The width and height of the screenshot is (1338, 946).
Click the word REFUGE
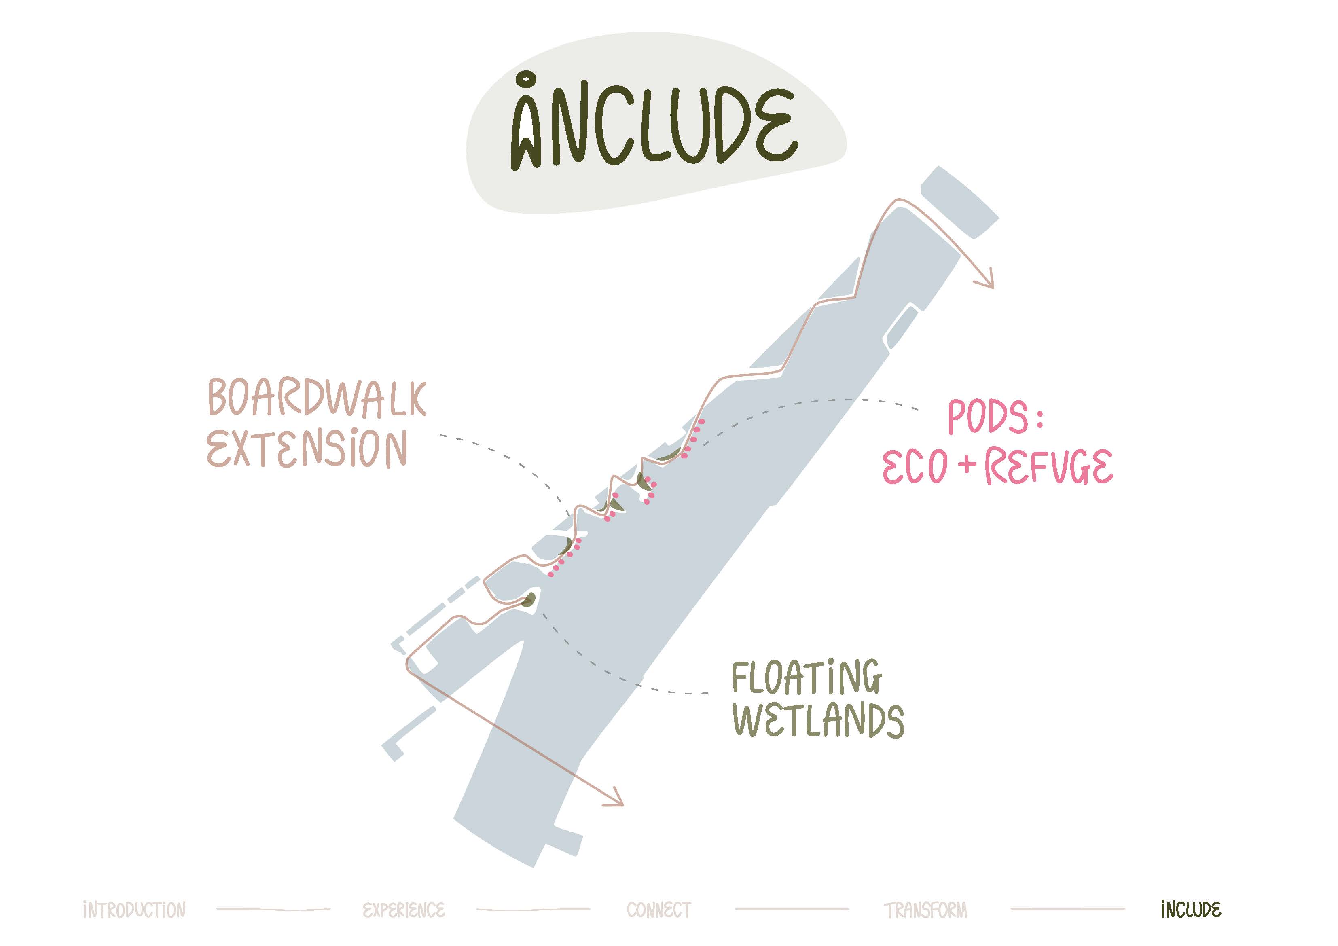1049,467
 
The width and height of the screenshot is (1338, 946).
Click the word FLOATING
807,678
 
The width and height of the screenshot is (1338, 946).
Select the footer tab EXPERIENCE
403,910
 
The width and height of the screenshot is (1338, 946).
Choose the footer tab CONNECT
658,910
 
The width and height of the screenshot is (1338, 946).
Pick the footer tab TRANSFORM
925,910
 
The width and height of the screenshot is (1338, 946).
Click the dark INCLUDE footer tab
1190,910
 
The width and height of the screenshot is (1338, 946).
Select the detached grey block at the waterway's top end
959,202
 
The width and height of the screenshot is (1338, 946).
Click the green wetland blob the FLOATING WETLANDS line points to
529,600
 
